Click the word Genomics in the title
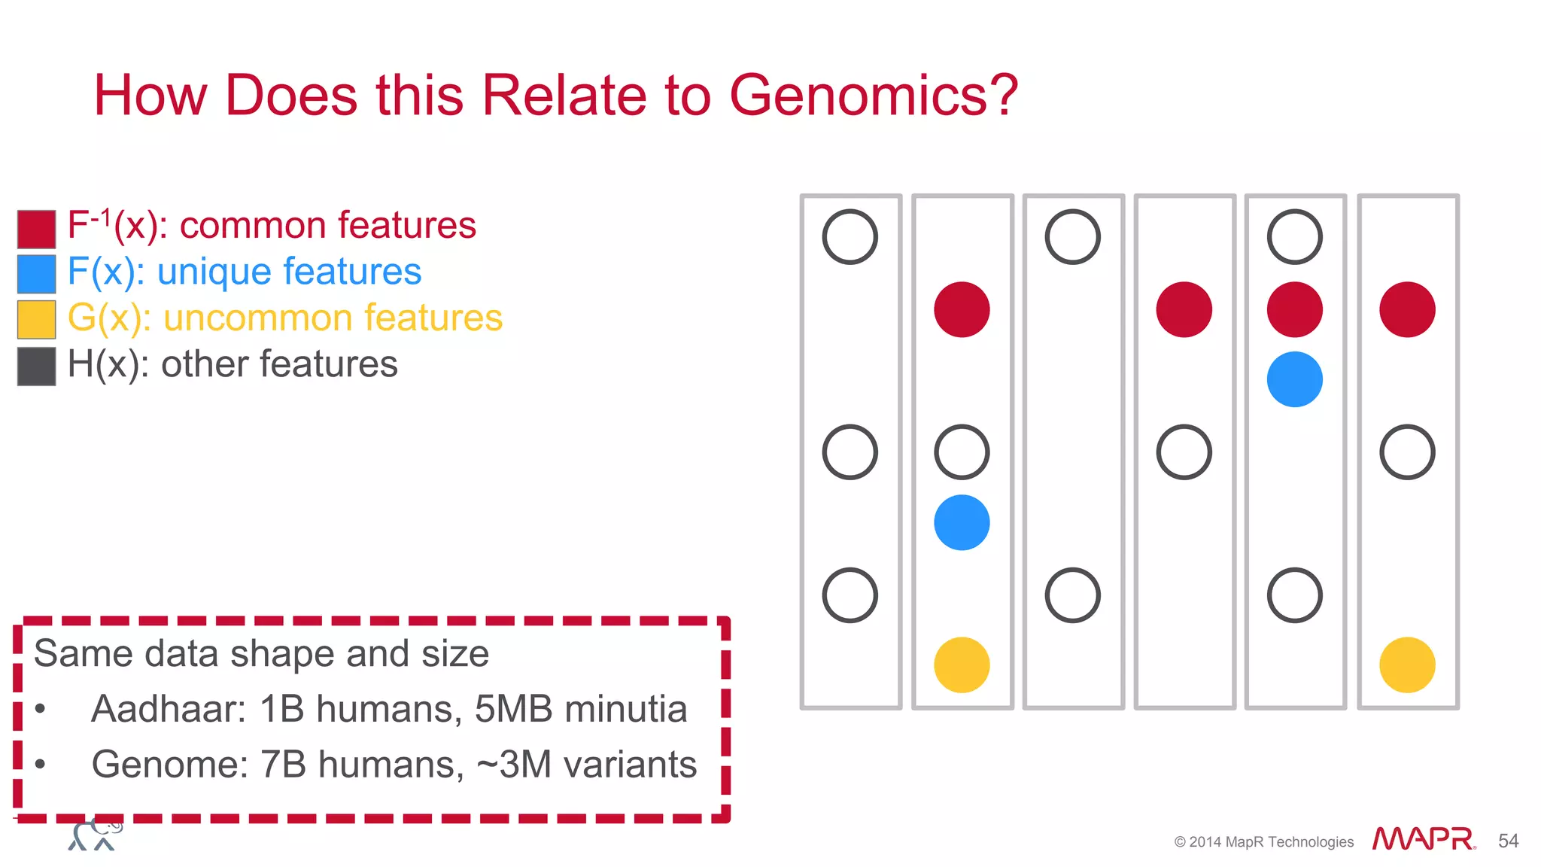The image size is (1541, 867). point(873,96)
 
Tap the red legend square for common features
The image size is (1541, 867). point(36,229)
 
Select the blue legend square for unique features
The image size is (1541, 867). point(36,274)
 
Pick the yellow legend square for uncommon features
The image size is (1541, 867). point(36,319)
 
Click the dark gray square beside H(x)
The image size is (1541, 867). point(36,367)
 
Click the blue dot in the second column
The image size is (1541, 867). point(962,522)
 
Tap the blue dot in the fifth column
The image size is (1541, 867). point(1294,379)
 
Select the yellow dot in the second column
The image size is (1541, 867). point(962,665)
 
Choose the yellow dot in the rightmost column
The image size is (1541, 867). point(1407,665)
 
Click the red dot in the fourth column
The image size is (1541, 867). point(1184,309)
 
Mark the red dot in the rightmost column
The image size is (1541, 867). point(1407,309)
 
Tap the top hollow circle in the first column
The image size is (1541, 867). point(850,236)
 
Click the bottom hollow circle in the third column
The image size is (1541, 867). point(1072,595)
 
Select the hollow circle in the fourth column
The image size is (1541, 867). point(1184,452)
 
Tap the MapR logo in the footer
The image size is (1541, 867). point(1422,838)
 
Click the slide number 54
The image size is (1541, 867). point(1508,841)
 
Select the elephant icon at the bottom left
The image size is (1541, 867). point(95,834)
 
